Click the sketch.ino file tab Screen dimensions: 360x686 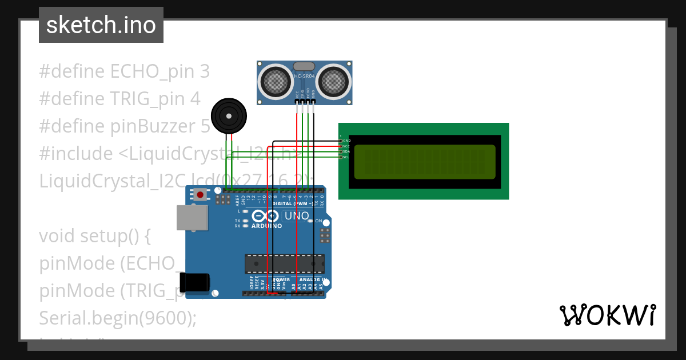(x=101, y=25)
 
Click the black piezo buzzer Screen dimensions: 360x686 (x=229, y=116)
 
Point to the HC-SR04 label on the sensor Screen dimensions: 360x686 (x=304, y=77)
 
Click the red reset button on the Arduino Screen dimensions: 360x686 (x=200, y=195)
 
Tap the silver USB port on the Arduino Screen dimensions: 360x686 (x=192, y=218)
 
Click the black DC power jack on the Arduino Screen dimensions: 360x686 (x=194, y=282)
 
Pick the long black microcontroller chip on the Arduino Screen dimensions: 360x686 (x=284, y=263)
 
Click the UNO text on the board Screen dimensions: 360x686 (x=297, y=217)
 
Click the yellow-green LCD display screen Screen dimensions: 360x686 (x=424, y=161)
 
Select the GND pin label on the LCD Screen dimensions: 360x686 (x=346, y=141)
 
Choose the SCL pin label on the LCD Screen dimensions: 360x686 (x=346, y=157)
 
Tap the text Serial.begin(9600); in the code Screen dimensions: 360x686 (x=118, y=318)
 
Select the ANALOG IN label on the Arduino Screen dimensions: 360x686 (x=312, y=280)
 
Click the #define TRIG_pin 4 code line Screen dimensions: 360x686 (x=119, y=99)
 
